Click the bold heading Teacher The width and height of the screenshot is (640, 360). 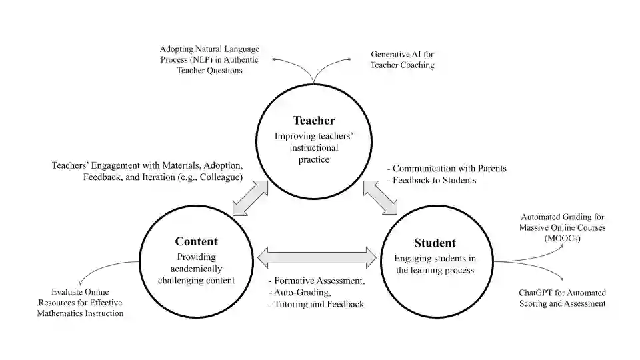click(x=314, y=121)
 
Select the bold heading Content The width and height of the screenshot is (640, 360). click(x=196, y=241)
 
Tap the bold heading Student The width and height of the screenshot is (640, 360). click(x=435, y=243)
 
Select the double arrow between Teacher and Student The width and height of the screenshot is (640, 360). click(x=380, y=198)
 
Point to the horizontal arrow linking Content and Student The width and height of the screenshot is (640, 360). click(x=317, y=257)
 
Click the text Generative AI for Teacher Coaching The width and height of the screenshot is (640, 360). click(x=403, y=59)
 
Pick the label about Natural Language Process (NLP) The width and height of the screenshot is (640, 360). click(x=209, y=59)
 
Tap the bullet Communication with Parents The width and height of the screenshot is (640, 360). click(x=449, y=168)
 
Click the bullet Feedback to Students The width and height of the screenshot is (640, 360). click(x=434, y=180)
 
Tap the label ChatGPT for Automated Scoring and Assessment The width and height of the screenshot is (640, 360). click(x=562, y=298)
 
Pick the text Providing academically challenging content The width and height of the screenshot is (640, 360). click(x=196, y=268)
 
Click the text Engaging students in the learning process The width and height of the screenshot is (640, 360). click(x=435, y=264)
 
